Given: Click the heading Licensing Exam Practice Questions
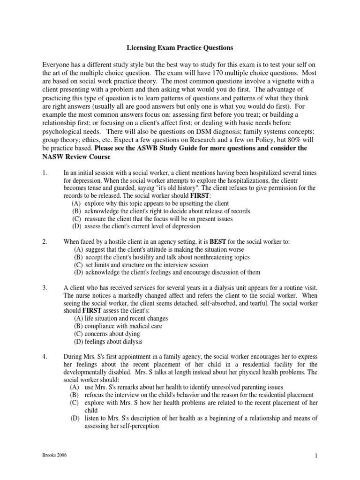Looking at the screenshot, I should tap(180, 48).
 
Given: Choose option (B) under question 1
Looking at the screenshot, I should tap(76, 211).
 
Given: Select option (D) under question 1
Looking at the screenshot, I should tap(76, 226).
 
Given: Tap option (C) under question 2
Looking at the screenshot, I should tap(79, 264).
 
